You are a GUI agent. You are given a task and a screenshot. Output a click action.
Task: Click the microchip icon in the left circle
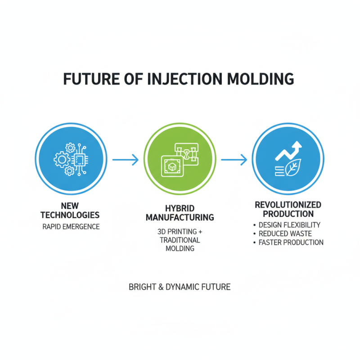point(81,159)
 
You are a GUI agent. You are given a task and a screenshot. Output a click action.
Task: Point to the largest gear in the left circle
point(62,159)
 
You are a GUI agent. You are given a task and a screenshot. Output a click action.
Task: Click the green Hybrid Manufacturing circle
point(180,159)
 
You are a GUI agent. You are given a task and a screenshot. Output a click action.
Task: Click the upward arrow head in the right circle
point(297,147)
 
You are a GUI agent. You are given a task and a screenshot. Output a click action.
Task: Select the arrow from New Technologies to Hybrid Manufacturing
point(125,159)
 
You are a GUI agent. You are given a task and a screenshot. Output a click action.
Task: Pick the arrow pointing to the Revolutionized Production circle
point(234,159)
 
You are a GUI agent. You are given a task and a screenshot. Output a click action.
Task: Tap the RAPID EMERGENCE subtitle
point(71,227)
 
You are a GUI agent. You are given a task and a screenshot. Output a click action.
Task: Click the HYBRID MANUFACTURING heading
point(180,213)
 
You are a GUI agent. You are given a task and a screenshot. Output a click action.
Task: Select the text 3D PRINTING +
point(180,232)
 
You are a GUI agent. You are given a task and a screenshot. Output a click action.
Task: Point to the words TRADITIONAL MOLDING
point(180,244)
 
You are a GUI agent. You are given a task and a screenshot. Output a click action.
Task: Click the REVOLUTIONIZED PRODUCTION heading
point(288,209)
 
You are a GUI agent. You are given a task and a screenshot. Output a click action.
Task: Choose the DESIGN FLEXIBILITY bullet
point(289,225)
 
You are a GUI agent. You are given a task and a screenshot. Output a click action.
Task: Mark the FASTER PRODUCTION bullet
point(291,243)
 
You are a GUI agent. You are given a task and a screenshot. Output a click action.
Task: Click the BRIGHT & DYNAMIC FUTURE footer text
point(180,287)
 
